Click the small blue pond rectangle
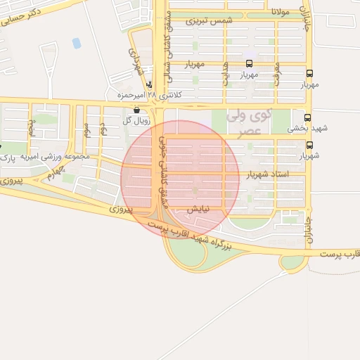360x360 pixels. click(76, 44)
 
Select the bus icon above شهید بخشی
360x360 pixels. click(308, 118)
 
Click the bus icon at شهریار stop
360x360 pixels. click(309, 145)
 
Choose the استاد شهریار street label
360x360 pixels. click(269, 172)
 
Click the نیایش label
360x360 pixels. click(197, 210)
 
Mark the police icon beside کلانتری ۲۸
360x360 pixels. click(149, 84)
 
